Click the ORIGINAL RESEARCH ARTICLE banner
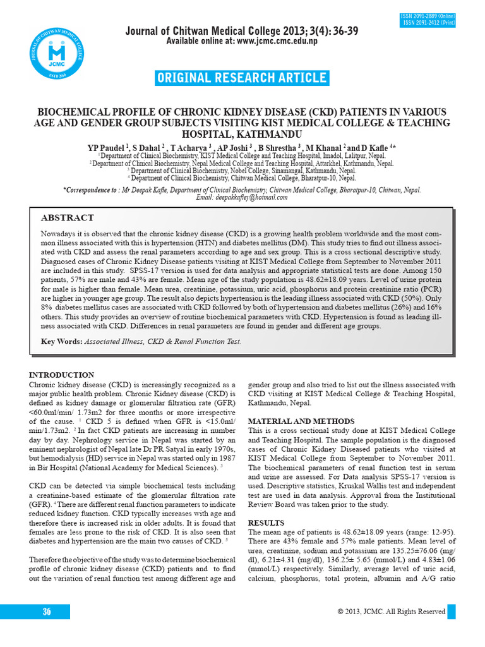[x=242, y=78]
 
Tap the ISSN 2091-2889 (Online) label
[x=428, y=16]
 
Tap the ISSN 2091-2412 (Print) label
[x=429, y=23]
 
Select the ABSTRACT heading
[x=67, y=217]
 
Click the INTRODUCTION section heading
[x=62, y=375]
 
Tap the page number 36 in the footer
[x=47, y=611]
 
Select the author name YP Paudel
[x=107, y=147]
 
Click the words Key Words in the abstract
[x=61, y=341]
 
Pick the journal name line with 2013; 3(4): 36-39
[x=242, y=31]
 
